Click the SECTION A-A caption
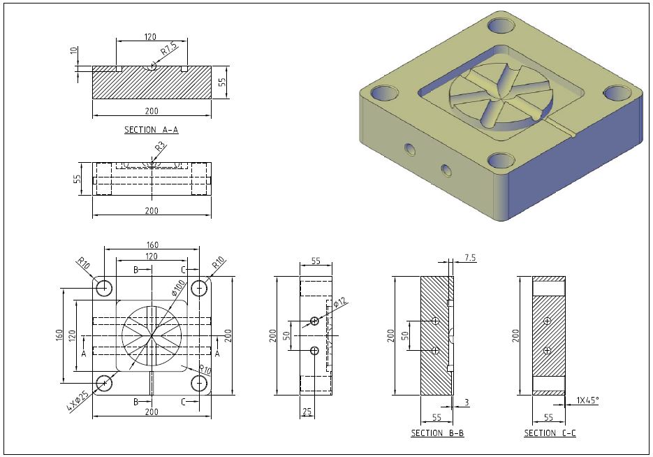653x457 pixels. [x=151, y=130]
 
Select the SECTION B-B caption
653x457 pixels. [x=437, y=433]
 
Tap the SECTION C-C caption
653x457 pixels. [x=550, y=433]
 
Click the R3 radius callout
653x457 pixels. [x=160, y=147]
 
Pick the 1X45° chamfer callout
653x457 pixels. [x=587, y=401]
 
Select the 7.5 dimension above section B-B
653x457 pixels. [x=470, y=258]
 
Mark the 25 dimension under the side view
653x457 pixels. [x=307, y=412]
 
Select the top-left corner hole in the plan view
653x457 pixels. [x=105, y=287]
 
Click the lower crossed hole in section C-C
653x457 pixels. [x=548, y=349]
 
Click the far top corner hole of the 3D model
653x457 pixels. [x=501, y=26]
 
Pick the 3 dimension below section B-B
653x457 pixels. [x=467, y=402]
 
